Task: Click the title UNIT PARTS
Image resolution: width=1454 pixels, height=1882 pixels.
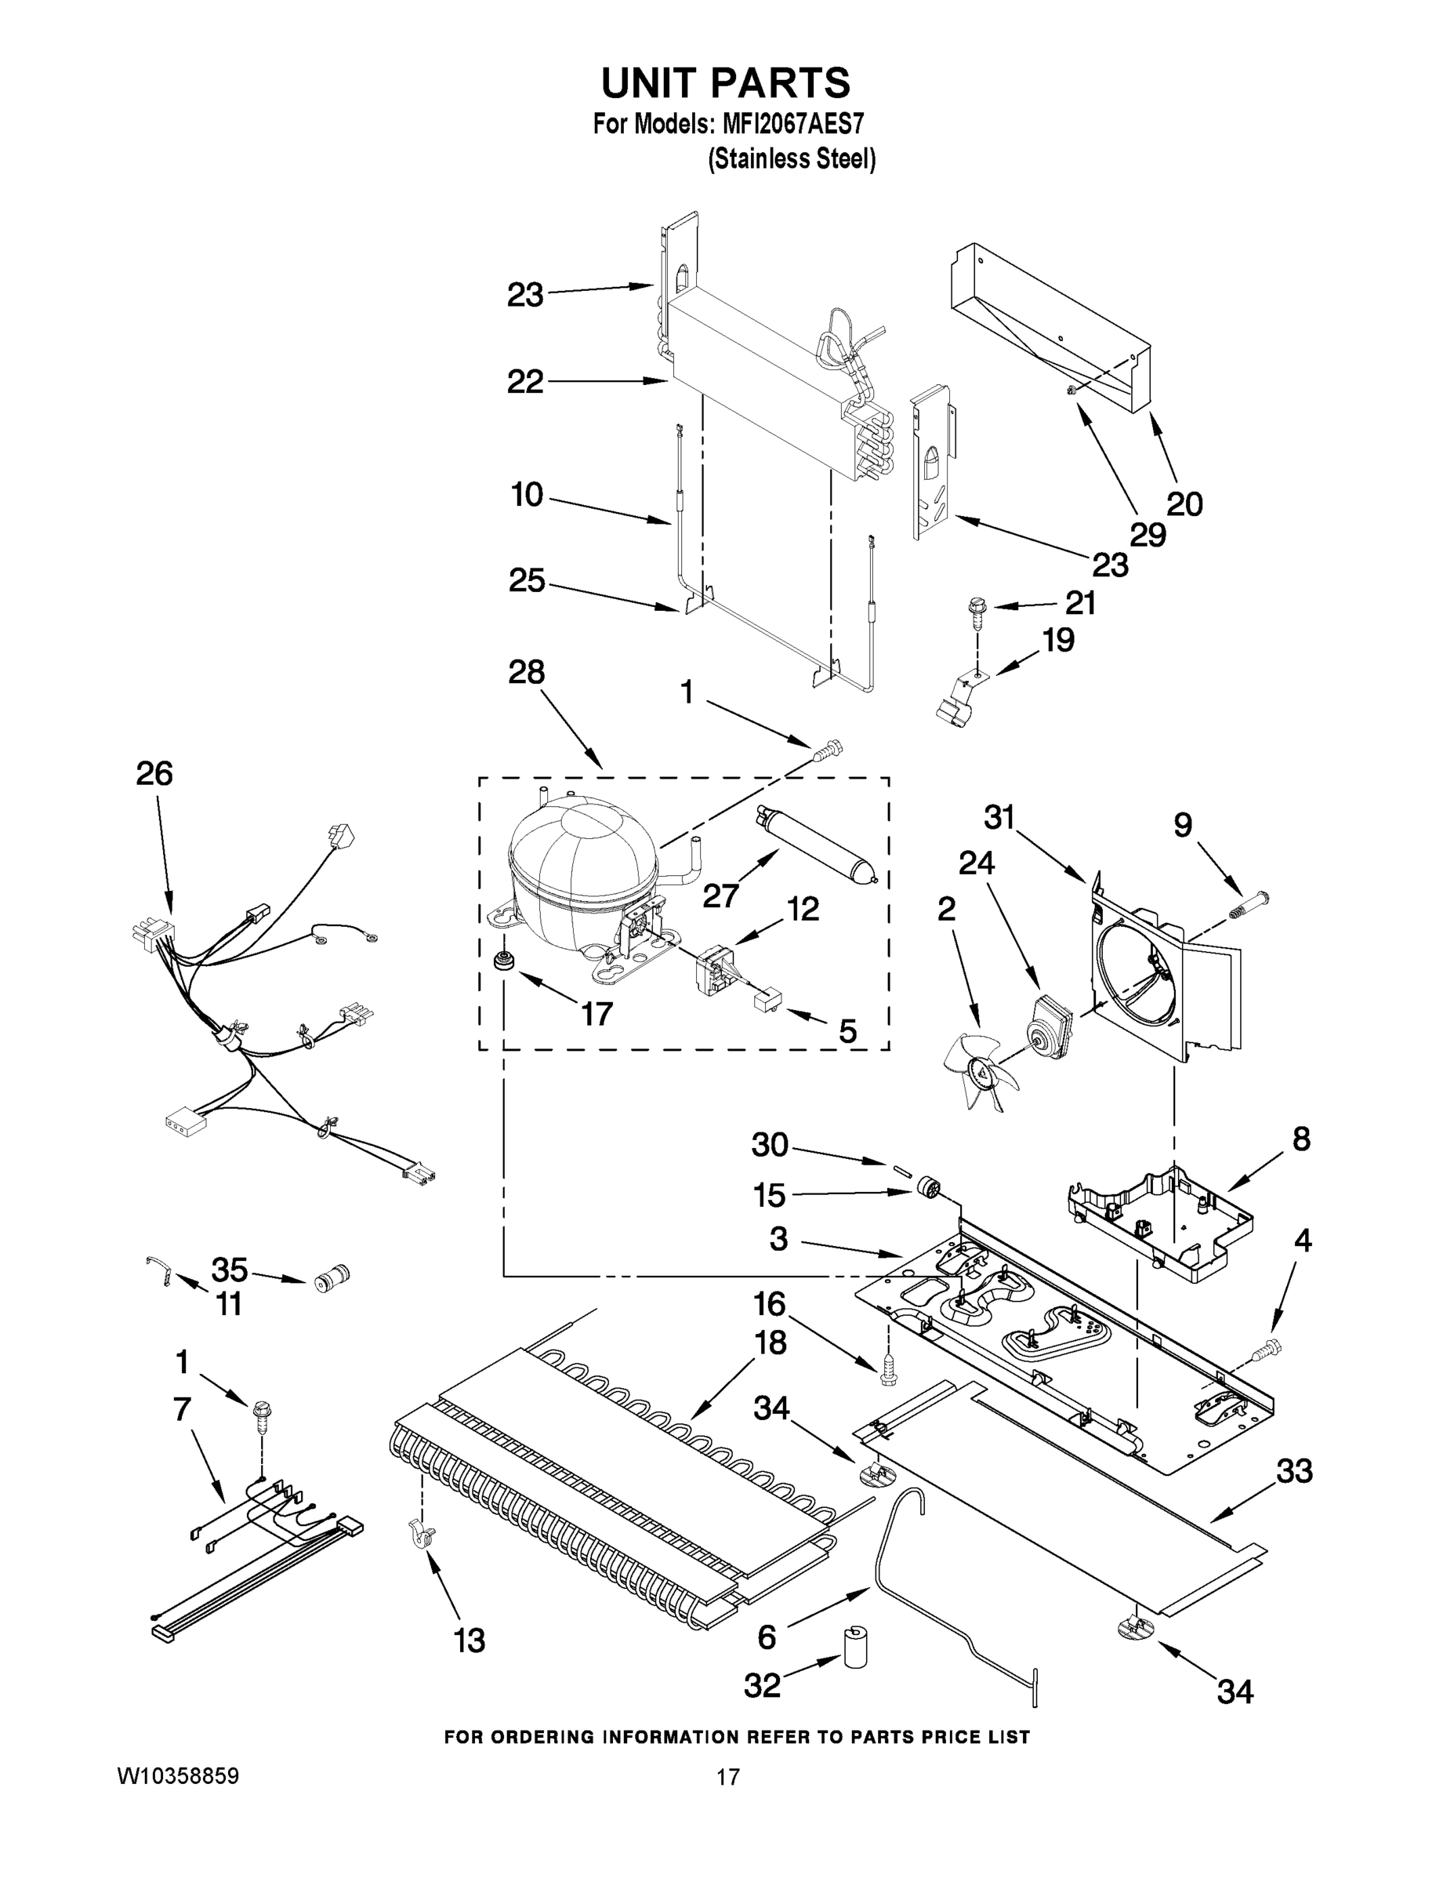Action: click(x=725, y=84)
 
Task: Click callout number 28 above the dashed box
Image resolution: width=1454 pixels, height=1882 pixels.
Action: click(x=525, y=671)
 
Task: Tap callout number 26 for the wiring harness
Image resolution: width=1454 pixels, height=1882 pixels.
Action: click(x=154, y=773)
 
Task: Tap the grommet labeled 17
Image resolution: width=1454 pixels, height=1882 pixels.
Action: click(x=502, y=961)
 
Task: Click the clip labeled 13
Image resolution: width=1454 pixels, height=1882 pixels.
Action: click(x=419, y=1535)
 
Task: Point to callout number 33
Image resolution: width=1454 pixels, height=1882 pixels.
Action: click(x=1294, y=1471)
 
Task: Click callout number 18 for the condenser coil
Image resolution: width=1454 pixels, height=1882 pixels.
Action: click(x=770, y=1343)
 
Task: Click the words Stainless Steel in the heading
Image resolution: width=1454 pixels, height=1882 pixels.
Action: click(x=791, y=159)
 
